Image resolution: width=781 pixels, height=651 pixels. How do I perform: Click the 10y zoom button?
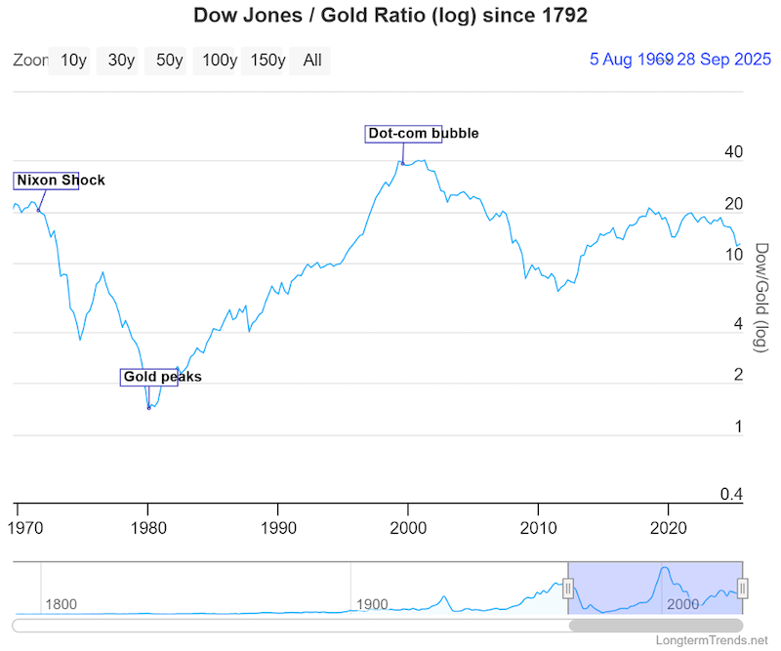(x=73, y=61)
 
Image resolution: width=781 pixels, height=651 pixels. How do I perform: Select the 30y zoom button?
(x=121, y=61)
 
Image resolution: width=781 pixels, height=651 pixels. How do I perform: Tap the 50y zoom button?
(x=170, y=61)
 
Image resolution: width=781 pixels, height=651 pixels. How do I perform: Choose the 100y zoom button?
(x=219, y=61)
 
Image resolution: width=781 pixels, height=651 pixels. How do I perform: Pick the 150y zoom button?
(x=267, y=61)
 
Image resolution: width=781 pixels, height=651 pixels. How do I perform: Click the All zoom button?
(x=312, y=61)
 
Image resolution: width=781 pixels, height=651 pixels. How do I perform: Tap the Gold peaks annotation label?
(x=162, y=377)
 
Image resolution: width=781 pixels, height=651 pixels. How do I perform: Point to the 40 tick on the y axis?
(x=734, y=152)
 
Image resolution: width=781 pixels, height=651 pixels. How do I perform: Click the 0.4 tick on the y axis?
(x=731, y=495)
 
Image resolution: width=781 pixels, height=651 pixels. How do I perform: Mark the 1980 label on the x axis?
(x=147, y=528)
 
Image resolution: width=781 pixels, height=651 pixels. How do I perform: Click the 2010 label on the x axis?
(x=538, y=528)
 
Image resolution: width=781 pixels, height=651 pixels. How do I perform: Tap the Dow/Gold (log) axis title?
(x=763, y=298)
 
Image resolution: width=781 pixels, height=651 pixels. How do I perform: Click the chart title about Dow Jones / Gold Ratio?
(x=390, y=16)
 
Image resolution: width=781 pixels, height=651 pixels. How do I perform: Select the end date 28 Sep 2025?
(x=708, y=60)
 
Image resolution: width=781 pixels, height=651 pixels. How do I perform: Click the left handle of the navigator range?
(x=568, y=588)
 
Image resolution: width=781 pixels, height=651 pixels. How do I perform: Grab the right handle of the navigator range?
(x=742, y=588)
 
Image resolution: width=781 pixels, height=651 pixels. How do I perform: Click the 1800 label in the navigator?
(x=61, y=605)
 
